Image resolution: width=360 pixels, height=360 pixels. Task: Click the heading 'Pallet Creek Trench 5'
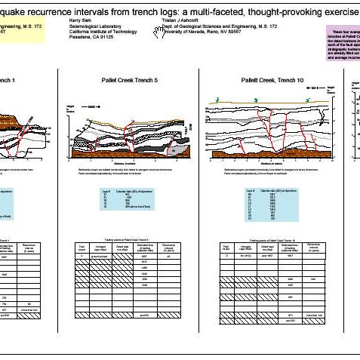128,79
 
